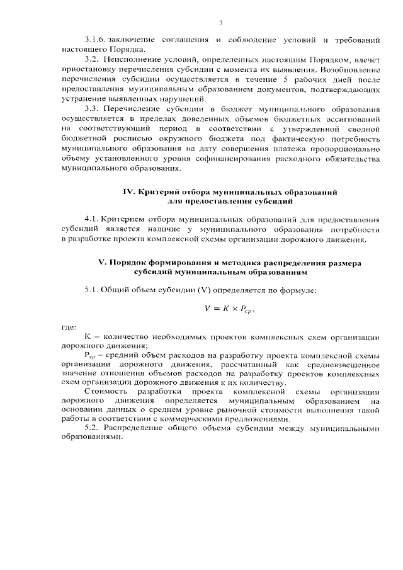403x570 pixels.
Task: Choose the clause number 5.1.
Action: pyautogui.click(x=92, y=290)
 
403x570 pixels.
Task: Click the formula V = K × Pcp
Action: pyautogui.click(x=231, y=309)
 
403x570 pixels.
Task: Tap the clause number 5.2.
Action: pyautogui.click(x=92, y=428)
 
